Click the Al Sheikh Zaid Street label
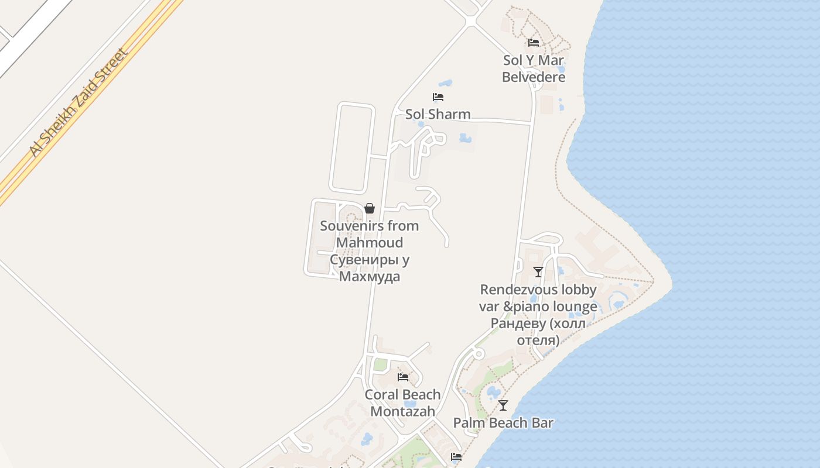pos(78,103)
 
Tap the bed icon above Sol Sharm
pos(438,97)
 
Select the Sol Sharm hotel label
pos(438,114)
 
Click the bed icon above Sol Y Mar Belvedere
pos(534,43)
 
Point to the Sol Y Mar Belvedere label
pos(534,68)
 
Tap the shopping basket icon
pos(370,208)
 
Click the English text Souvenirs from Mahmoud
pos(370,234)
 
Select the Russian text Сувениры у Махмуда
pos(370,268)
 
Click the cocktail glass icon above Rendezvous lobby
pos(538,272)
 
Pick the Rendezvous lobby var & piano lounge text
pos(538,298)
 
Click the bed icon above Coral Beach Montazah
pos(403,377)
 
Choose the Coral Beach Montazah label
pos(403,402)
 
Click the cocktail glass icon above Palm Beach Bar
pos(503,405)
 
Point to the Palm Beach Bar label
pos(503,422)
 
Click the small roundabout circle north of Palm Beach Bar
pos(479,354)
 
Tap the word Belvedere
pos(534,77)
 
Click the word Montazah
pos(403,411)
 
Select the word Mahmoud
pos(370,242)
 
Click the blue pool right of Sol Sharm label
pos(466,139)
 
